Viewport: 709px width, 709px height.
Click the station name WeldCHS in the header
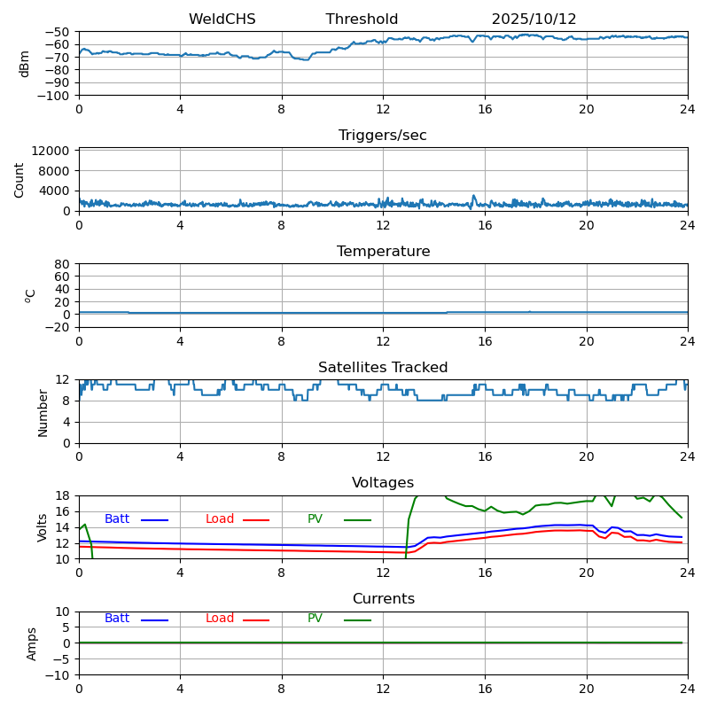pos(222,19)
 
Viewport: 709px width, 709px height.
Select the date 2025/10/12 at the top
pos(534,19)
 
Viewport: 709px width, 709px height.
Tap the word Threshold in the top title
pos(362,19)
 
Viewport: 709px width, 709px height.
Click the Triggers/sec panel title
pos(383,136)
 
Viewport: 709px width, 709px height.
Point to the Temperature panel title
pos(383,252)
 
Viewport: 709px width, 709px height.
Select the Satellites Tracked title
pos(383,368)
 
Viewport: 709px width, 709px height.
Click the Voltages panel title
pos(383,483)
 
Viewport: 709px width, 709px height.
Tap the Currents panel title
pos(383,599)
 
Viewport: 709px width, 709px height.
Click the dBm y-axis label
pos(25,63)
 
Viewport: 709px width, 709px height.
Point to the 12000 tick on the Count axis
pos(53,151)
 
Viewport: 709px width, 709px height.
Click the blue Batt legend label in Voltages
pos(117,519)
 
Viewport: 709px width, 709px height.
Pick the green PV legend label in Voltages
pos(315,519)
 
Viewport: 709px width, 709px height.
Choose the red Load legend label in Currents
pos(220,619)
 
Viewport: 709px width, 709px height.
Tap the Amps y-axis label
pos(32,643)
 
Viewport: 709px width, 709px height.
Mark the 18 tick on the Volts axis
pos(64,495)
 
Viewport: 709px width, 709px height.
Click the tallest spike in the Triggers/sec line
pos(473,196)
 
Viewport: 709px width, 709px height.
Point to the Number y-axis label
pos(43,412)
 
